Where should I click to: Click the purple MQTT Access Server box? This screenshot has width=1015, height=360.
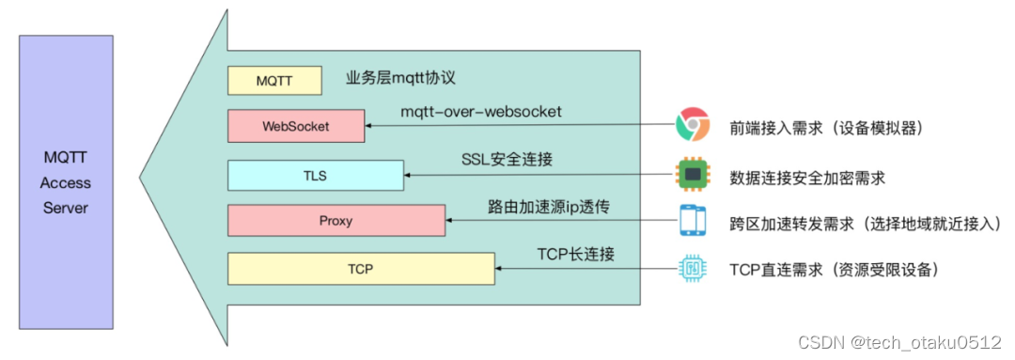pos(65,181)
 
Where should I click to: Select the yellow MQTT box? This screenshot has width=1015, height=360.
pos(274,80)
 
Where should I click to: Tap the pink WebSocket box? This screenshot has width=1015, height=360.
pos(296,126)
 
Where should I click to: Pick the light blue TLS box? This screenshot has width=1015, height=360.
pos(316,175)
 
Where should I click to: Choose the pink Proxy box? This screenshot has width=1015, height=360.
pos(336,221)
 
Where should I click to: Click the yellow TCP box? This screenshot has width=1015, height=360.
pos(361,270)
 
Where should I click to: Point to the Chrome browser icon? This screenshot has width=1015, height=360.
pos(693,124)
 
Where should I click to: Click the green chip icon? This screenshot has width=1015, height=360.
pos(693,174)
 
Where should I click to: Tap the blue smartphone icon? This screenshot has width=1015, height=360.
pos(693,222)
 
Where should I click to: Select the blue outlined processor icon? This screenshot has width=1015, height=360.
pos(693,270)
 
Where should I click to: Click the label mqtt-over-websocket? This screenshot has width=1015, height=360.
pos(481,112)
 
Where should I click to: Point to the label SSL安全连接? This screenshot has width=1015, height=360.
pos(507,160)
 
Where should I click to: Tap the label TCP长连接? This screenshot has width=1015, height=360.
pos(576,255)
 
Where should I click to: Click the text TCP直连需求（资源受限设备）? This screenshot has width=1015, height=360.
pos(834,271)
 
